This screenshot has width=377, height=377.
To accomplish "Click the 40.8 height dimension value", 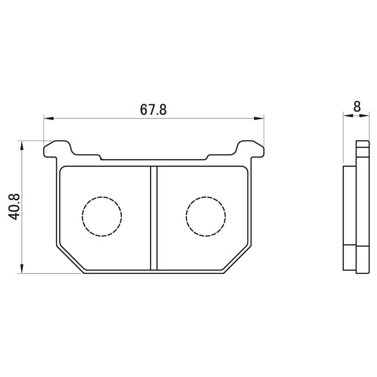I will (15, 206).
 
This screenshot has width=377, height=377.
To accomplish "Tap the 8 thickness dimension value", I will (357, 107).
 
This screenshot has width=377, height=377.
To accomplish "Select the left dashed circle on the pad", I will (102, 216).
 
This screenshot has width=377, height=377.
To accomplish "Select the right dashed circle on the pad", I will (206, 216).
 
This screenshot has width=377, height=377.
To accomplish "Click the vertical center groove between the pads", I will (153, 219).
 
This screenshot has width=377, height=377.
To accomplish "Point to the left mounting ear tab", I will (57, 149).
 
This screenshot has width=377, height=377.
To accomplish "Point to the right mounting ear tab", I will (250, 149).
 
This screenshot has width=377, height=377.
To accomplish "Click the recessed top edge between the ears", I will (153, 159).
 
